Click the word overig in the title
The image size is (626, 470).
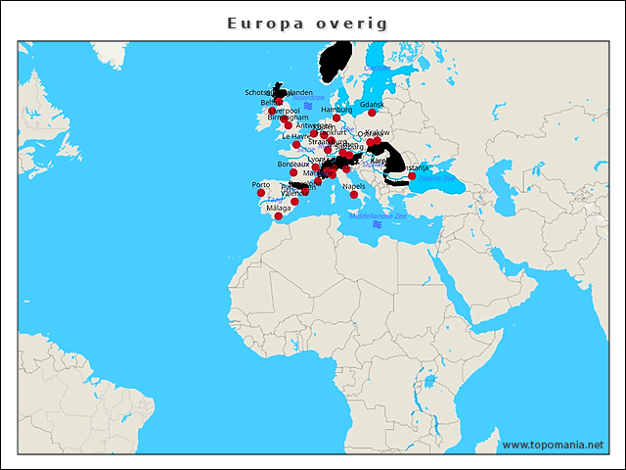(x=350, y=23)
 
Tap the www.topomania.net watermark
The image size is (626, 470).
(x=553, y=445)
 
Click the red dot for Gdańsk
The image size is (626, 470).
(x=372, y=113)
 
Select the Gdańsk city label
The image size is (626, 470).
(x=372, y=104)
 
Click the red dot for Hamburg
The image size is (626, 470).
(x=336, y=117)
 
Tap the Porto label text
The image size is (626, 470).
(x=261, y=184)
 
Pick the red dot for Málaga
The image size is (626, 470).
(x=278, y=216)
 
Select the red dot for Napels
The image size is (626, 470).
(x=354, y=194)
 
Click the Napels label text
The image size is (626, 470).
(x=354, y=185)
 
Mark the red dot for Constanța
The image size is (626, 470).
(x=412, y=176)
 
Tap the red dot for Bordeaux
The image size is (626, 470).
(x=293, y=172)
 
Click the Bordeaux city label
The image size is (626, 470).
(x=293, y=164)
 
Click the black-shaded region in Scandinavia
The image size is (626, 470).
(x=335, y=63)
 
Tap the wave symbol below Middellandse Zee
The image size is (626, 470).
(x=377, y=224)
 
